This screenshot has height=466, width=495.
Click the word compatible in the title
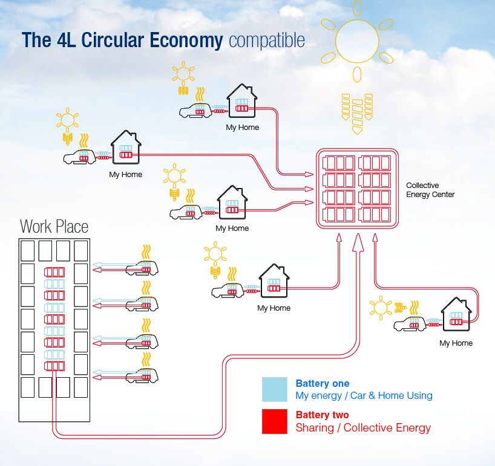tap(267, 40)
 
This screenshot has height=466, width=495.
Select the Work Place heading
tap(54, 227)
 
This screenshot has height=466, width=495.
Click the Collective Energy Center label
tap(430, 190)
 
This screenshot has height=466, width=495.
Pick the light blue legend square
tap(275, 390)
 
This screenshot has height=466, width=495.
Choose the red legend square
tap(275, 421)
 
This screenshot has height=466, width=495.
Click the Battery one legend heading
tap(323, 383)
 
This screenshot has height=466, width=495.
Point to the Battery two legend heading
tap(323, 415)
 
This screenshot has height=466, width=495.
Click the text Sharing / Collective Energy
tap(363, 428)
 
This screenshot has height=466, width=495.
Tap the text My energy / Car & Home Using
tap(364, 396)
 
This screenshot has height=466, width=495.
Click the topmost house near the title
tap(241, 101)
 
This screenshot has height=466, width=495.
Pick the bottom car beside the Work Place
tap(142, 375)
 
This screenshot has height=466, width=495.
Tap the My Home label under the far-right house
tap(456, 343)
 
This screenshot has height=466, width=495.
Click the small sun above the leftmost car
tap(67, 118)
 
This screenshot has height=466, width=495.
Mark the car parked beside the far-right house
tap(411, 324)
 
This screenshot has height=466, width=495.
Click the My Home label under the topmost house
tap(242, 128)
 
